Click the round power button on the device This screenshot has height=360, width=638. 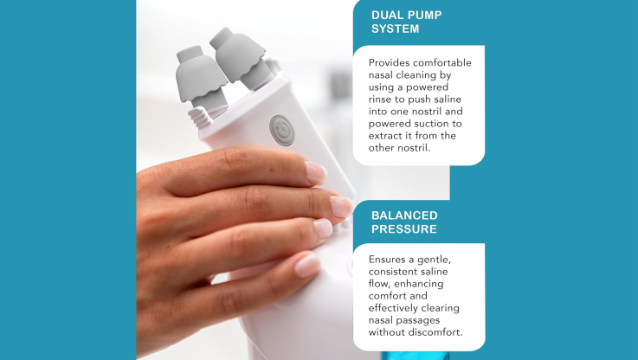click(281, 130)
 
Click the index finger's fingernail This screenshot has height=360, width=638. click(316, 173)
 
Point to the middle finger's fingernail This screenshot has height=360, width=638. click(341, 206)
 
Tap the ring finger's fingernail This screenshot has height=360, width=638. click(323, 228)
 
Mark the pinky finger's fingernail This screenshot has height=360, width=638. click(307, 265)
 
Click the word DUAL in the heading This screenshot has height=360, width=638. click(387, 16)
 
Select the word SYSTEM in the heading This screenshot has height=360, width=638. click(395, 29)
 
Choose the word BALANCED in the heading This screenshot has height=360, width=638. click(404, 215)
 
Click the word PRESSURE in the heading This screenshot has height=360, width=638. click(404, 229)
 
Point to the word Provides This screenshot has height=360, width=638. click(389, 62)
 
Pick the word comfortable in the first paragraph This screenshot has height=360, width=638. click(441, 62)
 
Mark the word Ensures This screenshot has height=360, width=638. click(387, 260)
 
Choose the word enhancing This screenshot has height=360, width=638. click(419, 284)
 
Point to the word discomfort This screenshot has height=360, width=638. click(435, 332)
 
